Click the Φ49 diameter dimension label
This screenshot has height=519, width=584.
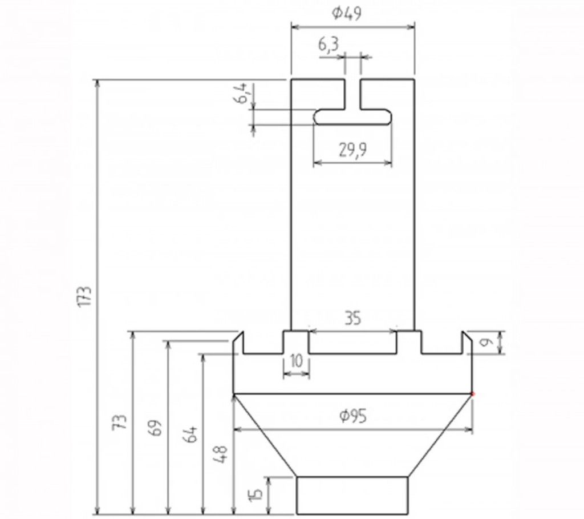click(x=346, y=14)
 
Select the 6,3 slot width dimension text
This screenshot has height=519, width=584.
click(x=328, y=45)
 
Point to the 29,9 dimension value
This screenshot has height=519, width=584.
click(x=352, y=150)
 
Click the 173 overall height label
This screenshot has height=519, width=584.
click(x=85, y=296)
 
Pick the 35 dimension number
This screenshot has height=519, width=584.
click(x=352, y=319)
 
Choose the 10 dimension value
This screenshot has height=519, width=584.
click(x=296, y=361)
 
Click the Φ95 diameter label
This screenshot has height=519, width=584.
click(x=353, y=416)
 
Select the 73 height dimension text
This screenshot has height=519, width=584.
click(x=120, y=423)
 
